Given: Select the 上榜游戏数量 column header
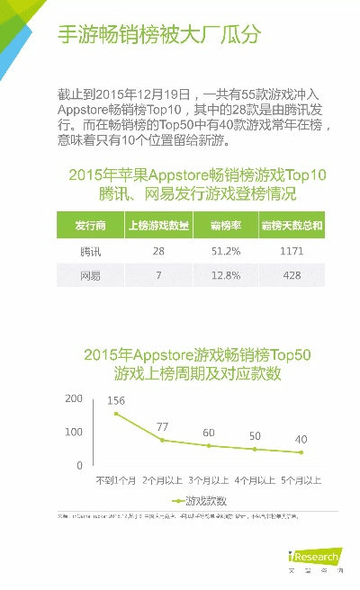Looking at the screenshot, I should [158, 225].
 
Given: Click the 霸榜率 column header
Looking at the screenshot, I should [224, 225].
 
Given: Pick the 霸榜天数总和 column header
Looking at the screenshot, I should [292, 225].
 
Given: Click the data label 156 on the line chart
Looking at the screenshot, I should [116, 400].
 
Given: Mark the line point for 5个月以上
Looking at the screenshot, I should [301, 452].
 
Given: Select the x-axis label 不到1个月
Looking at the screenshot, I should [116, 481].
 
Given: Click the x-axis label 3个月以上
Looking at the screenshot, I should [209, 481].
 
